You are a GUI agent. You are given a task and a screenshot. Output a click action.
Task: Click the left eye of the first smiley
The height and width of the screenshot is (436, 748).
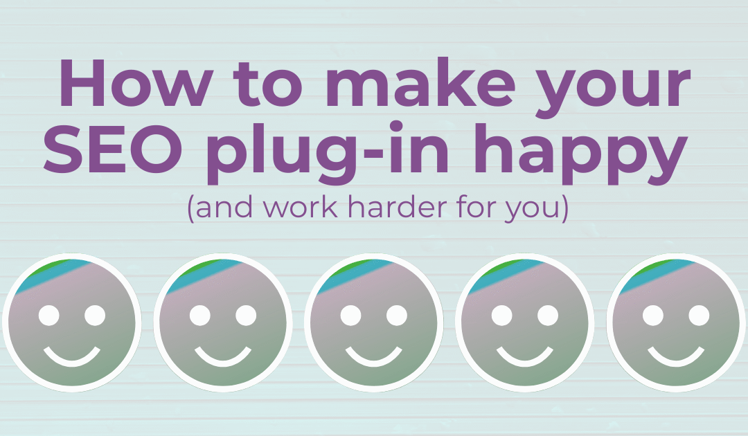(48, 316)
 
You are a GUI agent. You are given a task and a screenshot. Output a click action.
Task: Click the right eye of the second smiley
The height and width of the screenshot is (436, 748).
(246, 316)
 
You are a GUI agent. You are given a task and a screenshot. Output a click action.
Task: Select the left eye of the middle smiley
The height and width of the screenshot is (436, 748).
(350, 316)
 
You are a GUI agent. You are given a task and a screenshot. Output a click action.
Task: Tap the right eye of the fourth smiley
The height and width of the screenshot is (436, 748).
(547, 316)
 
